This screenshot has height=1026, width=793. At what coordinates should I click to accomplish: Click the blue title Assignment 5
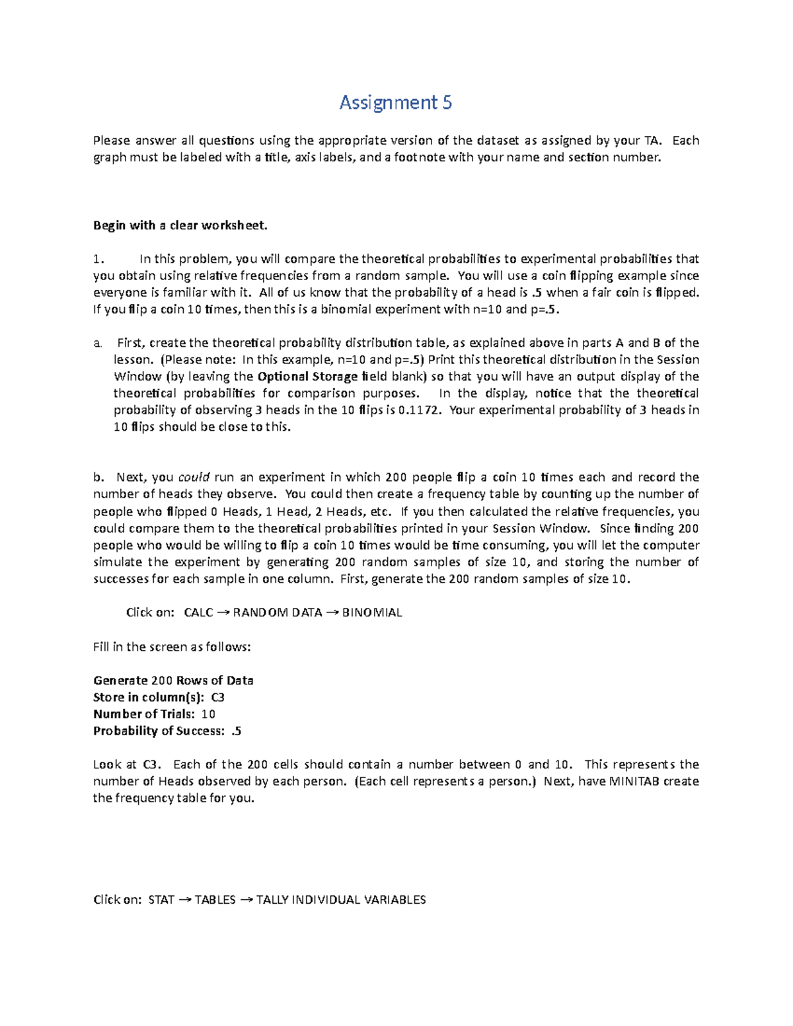coord(395,102)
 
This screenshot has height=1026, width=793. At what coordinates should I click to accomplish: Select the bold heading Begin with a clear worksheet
coord(180,225)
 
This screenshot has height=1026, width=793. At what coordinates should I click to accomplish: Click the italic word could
coord(194,477)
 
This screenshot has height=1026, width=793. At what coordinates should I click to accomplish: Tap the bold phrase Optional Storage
coord(307,377)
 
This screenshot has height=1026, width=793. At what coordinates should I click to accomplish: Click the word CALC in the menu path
coord(198,612)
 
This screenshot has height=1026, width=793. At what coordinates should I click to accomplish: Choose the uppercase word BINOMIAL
coord(372,612)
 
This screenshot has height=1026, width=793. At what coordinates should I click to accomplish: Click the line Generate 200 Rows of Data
coord(173,680)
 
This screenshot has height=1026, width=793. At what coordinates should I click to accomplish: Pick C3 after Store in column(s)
coord(217,697)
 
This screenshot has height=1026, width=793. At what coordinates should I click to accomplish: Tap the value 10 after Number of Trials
coord(208,714)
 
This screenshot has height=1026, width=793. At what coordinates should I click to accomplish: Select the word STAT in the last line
coord(161,900)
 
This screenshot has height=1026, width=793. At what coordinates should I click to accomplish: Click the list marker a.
coord(97,343)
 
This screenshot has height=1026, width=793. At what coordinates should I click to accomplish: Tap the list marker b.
coord(98,477)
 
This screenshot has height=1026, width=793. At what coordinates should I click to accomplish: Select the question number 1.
coord(98,259)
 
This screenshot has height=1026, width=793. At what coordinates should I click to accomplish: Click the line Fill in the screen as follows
coord(172,647)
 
